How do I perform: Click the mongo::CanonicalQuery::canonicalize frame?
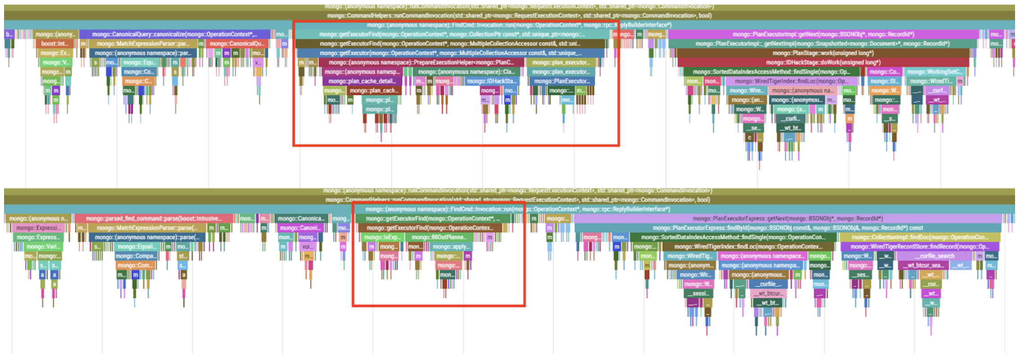coord(175,34)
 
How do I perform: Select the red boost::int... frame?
coord(54,44)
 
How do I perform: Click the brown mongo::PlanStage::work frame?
coord(823,53)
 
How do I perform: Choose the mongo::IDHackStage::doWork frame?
coord(823,63)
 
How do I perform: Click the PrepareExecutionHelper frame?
coord(421,63)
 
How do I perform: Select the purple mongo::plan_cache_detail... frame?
coord(362,81)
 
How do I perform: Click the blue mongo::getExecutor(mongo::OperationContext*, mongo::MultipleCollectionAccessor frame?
coord(448,53)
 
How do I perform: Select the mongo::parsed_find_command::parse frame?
coord(153,219)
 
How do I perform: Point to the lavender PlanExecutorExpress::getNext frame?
coord(788,219)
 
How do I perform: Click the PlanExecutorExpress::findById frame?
coord(788,228)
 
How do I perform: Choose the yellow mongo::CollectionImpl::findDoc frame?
coord(919,237)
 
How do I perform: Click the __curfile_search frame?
coord(934,256)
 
